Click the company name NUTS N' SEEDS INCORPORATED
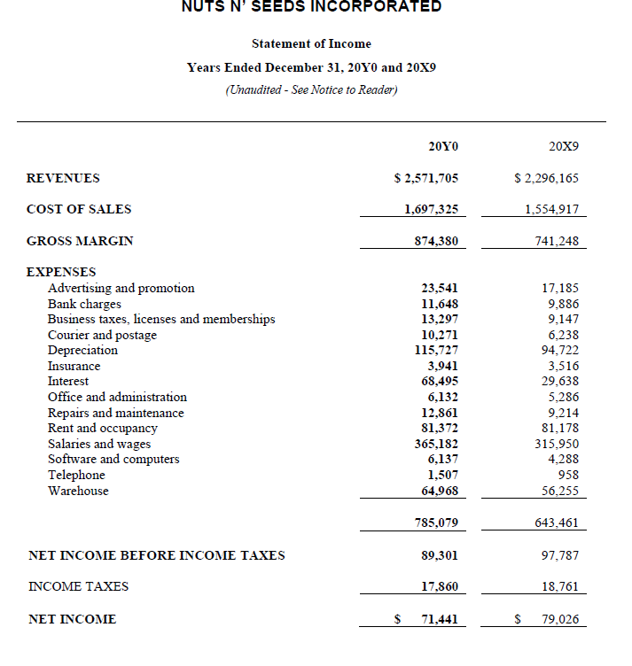[311, 7]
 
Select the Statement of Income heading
[311, 43]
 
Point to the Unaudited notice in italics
[311, 89]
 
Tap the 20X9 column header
[564, 144]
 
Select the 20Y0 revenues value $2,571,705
[426, 178]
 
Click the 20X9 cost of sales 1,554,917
[552, 209]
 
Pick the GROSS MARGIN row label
[80, 241]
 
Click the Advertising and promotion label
[121, 288]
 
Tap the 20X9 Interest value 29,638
[559, 381]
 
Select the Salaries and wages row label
[99, 444]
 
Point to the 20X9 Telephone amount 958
[568, 475]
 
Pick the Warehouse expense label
[78, 491]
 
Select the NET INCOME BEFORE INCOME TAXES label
[157, 555]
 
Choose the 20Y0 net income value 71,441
[439, 619]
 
